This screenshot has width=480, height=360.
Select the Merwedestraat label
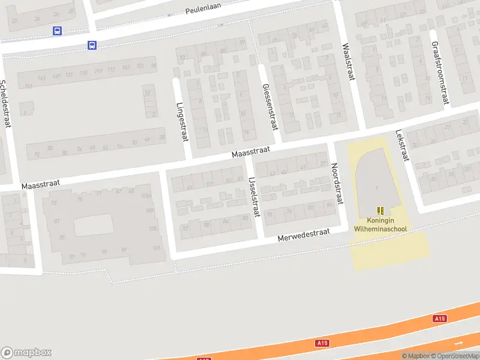pyautogui.click(x=304, y=235)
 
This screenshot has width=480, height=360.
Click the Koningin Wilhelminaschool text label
pyautogui.click(x=380, y=224)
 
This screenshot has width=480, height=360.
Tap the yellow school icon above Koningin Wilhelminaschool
pyautogui.click(x=380, y=210)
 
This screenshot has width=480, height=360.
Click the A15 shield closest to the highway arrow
pyautogui.click(x=440, y=319)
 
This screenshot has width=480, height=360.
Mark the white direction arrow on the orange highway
pyautogui.click(x=459, y=343)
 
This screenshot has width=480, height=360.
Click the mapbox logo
pyautogui.click(x=26, y=353)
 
